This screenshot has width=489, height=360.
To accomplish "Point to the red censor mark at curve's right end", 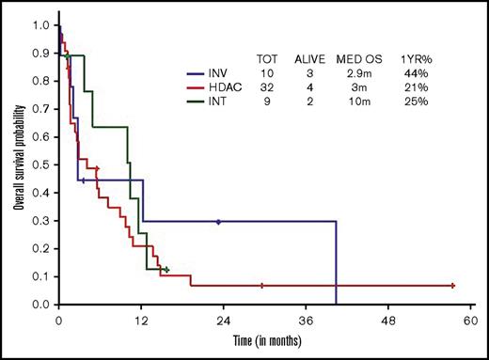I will click(453, 285).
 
